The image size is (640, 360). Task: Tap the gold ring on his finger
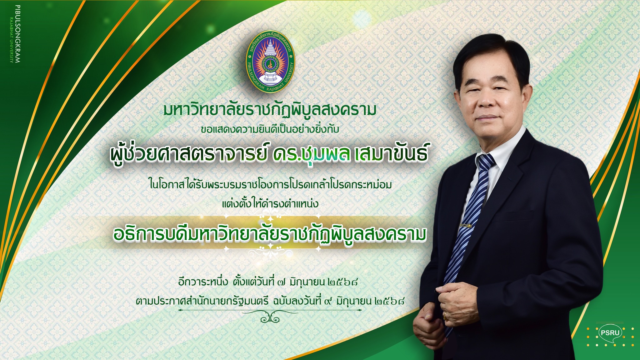pyautogui.click(x=445, y=316)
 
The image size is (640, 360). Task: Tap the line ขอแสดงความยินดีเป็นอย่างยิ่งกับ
pyautogui.click(x=270, y=129)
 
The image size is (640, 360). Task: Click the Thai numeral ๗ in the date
pyautogui.click(x=281, y=283)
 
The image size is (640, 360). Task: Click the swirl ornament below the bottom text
pyautogui.click(x=270, y=318)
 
